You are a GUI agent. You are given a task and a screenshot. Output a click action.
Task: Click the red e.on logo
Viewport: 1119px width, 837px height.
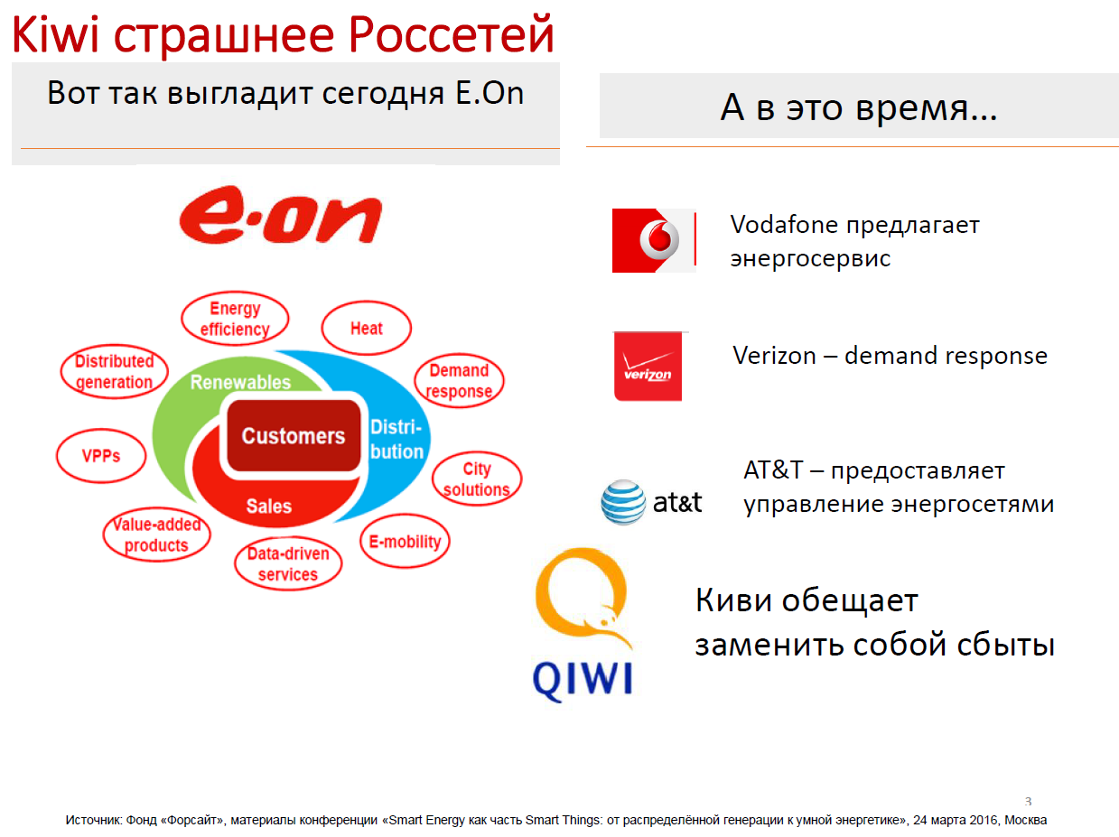pyautogui.click(x=280, y=214)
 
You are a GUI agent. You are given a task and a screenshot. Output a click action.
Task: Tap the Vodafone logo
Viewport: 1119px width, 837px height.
pyautogui.click(x=654, y=240)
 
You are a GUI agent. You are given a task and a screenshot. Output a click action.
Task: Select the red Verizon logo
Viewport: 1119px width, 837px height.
pyautogui.click(x=648, y=366)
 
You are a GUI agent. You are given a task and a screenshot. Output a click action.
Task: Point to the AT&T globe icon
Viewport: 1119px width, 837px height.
pyautogui.click(x=623, y=502)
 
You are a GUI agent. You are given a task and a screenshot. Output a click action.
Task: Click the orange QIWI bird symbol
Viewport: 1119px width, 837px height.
pyautogui.click(x=581, y=596)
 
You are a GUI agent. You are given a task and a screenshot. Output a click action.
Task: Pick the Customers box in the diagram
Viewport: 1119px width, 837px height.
pyautogui.click(x=294, y=435)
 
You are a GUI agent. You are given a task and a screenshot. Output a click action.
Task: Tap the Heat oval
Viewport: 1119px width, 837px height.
pyautogui.click(x=366, y=328)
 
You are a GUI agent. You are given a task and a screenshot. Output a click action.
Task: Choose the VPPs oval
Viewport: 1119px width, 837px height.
pyautogui.click(x=101, y=455)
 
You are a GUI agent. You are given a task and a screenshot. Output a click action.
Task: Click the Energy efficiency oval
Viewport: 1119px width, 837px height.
pyautogui.click(x=235, y=319)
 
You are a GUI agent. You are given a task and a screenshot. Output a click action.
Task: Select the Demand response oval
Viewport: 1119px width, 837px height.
pyautogui.click(x=459, y=380)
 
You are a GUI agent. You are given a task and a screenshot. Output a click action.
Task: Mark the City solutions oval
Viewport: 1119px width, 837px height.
pyautogui.click(x=477, y=479)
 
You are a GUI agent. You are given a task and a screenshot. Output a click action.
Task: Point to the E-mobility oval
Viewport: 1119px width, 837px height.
pyautogui.click(x=405, y=541)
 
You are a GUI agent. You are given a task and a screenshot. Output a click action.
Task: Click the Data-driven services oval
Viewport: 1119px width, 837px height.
pyautogui.click(x=288, y=563)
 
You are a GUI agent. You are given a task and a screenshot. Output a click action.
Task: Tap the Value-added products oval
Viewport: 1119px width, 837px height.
pyautogui.click(x=156, y=535)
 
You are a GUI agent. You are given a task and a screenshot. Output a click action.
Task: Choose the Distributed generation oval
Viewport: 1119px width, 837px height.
pyautogui.click(x=114, y=371)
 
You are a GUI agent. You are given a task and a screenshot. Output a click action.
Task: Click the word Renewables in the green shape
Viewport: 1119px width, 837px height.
pyautogui.click(x=240, y=382)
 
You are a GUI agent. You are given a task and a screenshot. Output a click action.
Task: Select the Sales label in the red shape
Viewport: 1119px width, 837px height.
pyautogui.click(x=268, y=506)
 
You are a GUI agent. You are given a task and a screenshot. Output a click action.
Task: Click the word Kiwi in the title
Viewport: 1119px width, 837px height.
pyautogui.click(x=55, y=34)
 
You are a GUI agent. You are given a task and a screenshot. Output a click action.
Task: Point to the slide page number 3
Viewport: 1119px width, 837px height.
pyautogui.click(x=1028, y=802)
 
